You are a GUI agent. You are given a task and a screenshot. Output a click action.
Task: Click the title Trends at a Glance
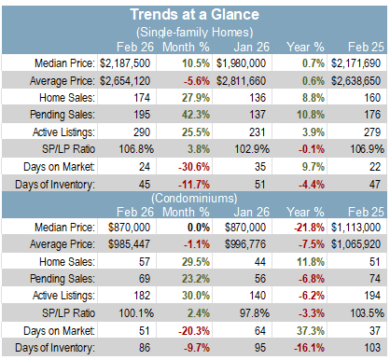[x=194, y=14]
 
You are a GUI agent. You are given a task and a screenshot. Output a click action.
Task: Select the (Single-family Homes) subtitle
[x=195, y=32]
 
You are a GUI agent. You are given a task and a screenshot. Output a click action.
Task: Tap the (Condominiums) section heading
[x=194, y=198]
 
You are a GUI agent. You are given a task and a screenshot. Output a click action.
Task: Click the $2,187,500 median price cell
[x=125, y=63]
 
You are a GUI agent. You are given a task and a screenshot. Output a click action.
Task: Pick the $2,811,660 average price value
[x=241, y=81]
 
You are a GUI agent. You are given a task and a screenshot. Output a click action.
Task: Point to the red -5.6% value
[x=197, y=81]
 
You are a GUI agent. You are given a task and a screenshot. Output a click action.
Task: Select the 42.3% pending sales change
[x=196, y=115]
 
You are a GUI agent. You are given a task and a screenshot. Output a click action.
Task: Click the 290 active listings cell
[x=142, y=132]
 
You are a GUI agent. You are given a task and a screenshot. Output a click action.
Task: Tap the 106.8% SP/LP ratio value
[x=136, y=149]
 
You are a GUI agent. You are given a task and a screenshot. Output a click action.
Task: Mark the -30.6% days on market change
[x=194, y=167]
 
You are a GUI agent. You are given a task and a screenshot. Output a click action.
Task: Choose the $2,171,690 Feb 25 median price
[x=355, y=63]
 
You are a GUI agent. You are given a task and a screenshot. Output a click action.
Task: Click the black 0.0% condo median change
[x=199, y=228]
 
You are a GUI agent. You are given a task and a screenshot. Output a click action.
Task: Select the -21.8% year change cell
[x=309, y=228]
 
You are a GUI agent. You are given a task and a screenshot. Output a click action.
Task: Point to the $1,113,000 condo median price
[x=355, y=228]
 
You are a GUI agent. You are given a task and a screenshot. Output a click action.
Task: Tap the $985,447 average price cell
[x=129, y=244]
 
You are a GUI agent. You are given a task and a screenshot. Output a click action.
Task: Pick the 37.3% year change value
[x=311, y=330]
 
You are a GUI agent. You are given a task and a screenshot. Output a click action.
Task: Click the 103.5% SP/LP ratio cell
[x=367, y=313]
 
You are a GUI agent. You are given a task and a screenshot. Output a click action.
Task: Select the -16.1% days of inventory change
[x=309, y=348]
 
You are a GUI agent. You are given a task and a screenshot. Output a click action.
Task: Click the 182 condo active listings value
[x=142, y=296]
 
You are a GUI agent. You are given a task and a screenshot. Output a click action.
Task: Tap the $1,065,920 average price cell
[x=355, y=244]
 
